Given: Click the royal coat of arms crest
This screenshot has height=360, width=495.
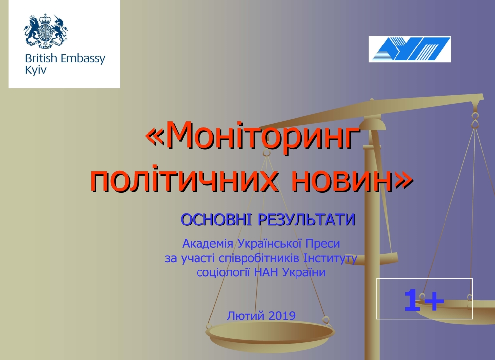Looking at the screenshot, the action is tap(46, 31).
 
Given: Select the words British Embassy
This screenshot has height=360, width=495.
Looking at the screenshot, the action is tap(65, 59).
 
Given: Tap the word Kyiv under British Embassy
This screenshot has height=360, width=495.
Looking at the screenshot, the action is tap(35, 70).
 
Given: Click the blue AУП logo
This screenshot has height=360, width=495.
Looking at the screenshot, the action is tap(410, 49).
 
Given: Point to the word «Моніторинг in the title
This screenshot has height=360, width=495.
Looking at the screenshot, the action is tap(252, 136).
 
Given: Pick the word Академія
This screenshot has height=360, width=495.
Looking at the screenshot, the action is tap(208, 244).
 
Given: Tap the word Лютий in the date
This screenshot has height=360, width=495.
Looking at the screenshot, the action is tap(246, 315).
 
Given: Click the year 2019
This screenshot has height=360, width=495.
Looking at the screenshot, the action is tap(283, 315).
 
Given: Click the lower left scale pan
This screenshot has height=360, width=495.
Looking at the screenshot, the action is tap(270, 335).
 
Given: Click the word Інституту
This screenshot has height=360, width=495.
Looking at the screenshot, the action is tap(330, 258).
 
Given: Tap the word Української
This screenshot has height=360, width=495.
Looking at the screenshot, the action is tap(269, 244).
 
